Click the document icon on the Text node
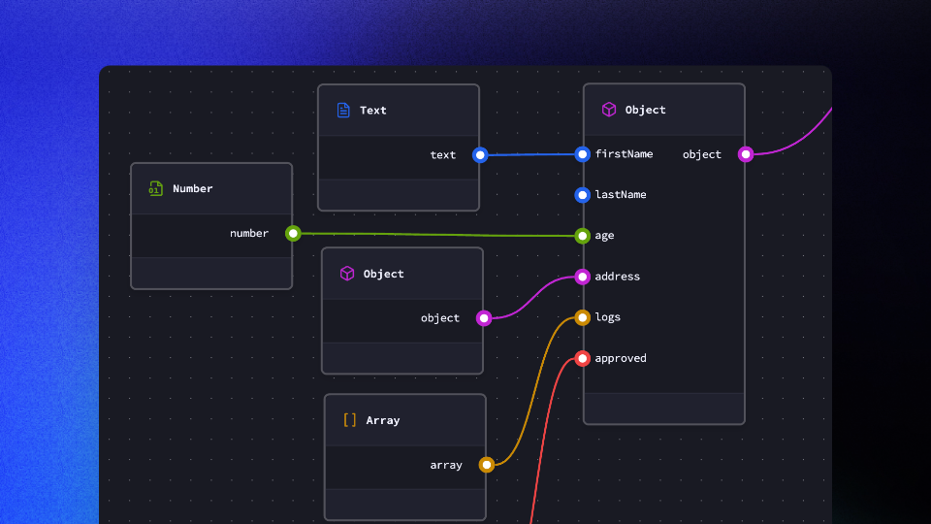pos(343,111)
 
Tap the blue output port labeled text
pos(480,154)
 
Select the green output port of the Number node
pos(293,233)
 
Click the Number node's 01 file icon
pos(155,188)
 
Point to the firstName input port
pos(582,154)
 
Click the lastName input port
pos(582,195)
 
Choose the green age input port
pos(582,236)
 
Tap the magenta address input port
pos(582,277)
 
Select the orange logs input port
pos(582,317)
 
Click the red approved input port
pos(582,358)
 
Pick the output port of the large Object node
pos(746,154)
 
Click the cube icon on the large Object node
pos(609,110)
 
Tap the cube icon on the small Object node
pos(347,274)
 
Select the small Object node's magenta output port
pos(484,317)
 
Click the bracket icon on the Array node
pos(350,420)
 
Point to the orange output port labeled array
pos(487,465)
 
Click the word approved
pos(621,358)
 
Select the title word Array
pos(383,420)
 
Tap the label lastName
pos(621,195)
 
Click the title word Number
pos(193,188)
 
